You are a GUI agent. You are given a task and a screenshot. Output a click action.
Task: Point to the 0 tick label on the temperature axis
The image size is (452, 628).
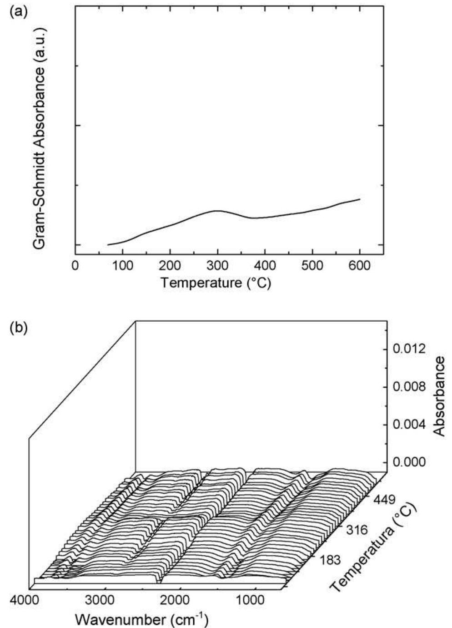point(75,265)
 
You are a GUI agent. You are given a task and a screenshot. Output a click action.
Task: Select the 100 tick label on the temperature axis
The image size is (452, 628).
point(122,265)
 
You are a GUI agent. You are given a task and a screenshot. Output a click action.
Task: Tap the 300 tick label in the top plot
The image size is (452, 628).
point(217,265)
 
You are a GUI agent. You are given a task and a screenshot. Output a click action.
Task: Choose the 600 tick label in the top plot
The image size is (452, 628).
point(360,265)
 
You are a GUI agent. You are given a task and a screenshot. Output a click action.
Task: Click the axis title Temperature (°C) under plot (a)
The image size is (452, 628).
point(216,283)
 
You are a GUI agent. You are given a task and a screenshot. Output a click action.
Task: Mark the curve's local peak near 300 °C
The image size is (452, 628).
point(218,211)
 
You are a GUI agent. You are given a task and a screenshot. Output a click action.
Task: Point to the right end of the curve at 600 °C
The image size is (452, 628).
point(360,199)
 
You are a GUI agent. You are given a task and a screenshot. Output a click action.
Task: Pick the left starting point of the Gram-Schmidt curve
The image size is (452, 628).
point(108,244)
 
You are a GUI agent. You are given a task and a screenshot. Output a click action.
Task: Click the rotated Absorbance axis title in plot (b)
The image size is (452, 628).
point(439,396)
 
